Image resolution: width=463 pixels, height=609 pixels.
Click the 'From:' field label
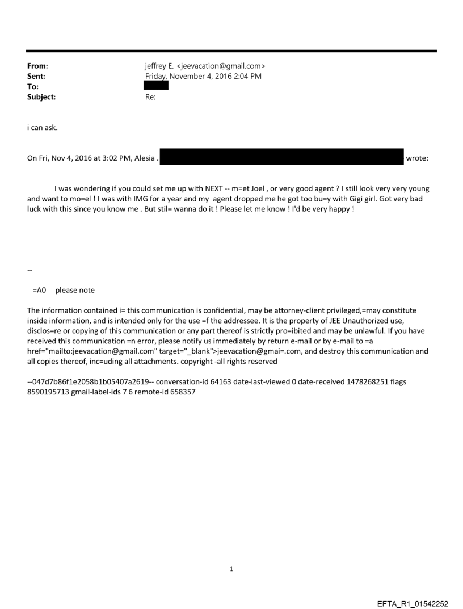(37, 67)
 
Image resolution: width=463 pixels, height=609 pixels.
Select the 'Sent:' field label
(36, 77)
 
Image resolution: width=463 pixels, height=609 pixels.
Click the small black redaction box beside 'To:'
(156, 86)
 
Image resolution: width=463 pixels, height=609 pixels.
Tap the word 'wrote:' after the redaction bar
(418, 158)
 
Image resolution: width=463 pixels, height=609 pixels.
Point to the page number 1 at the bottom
(231, 569)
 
